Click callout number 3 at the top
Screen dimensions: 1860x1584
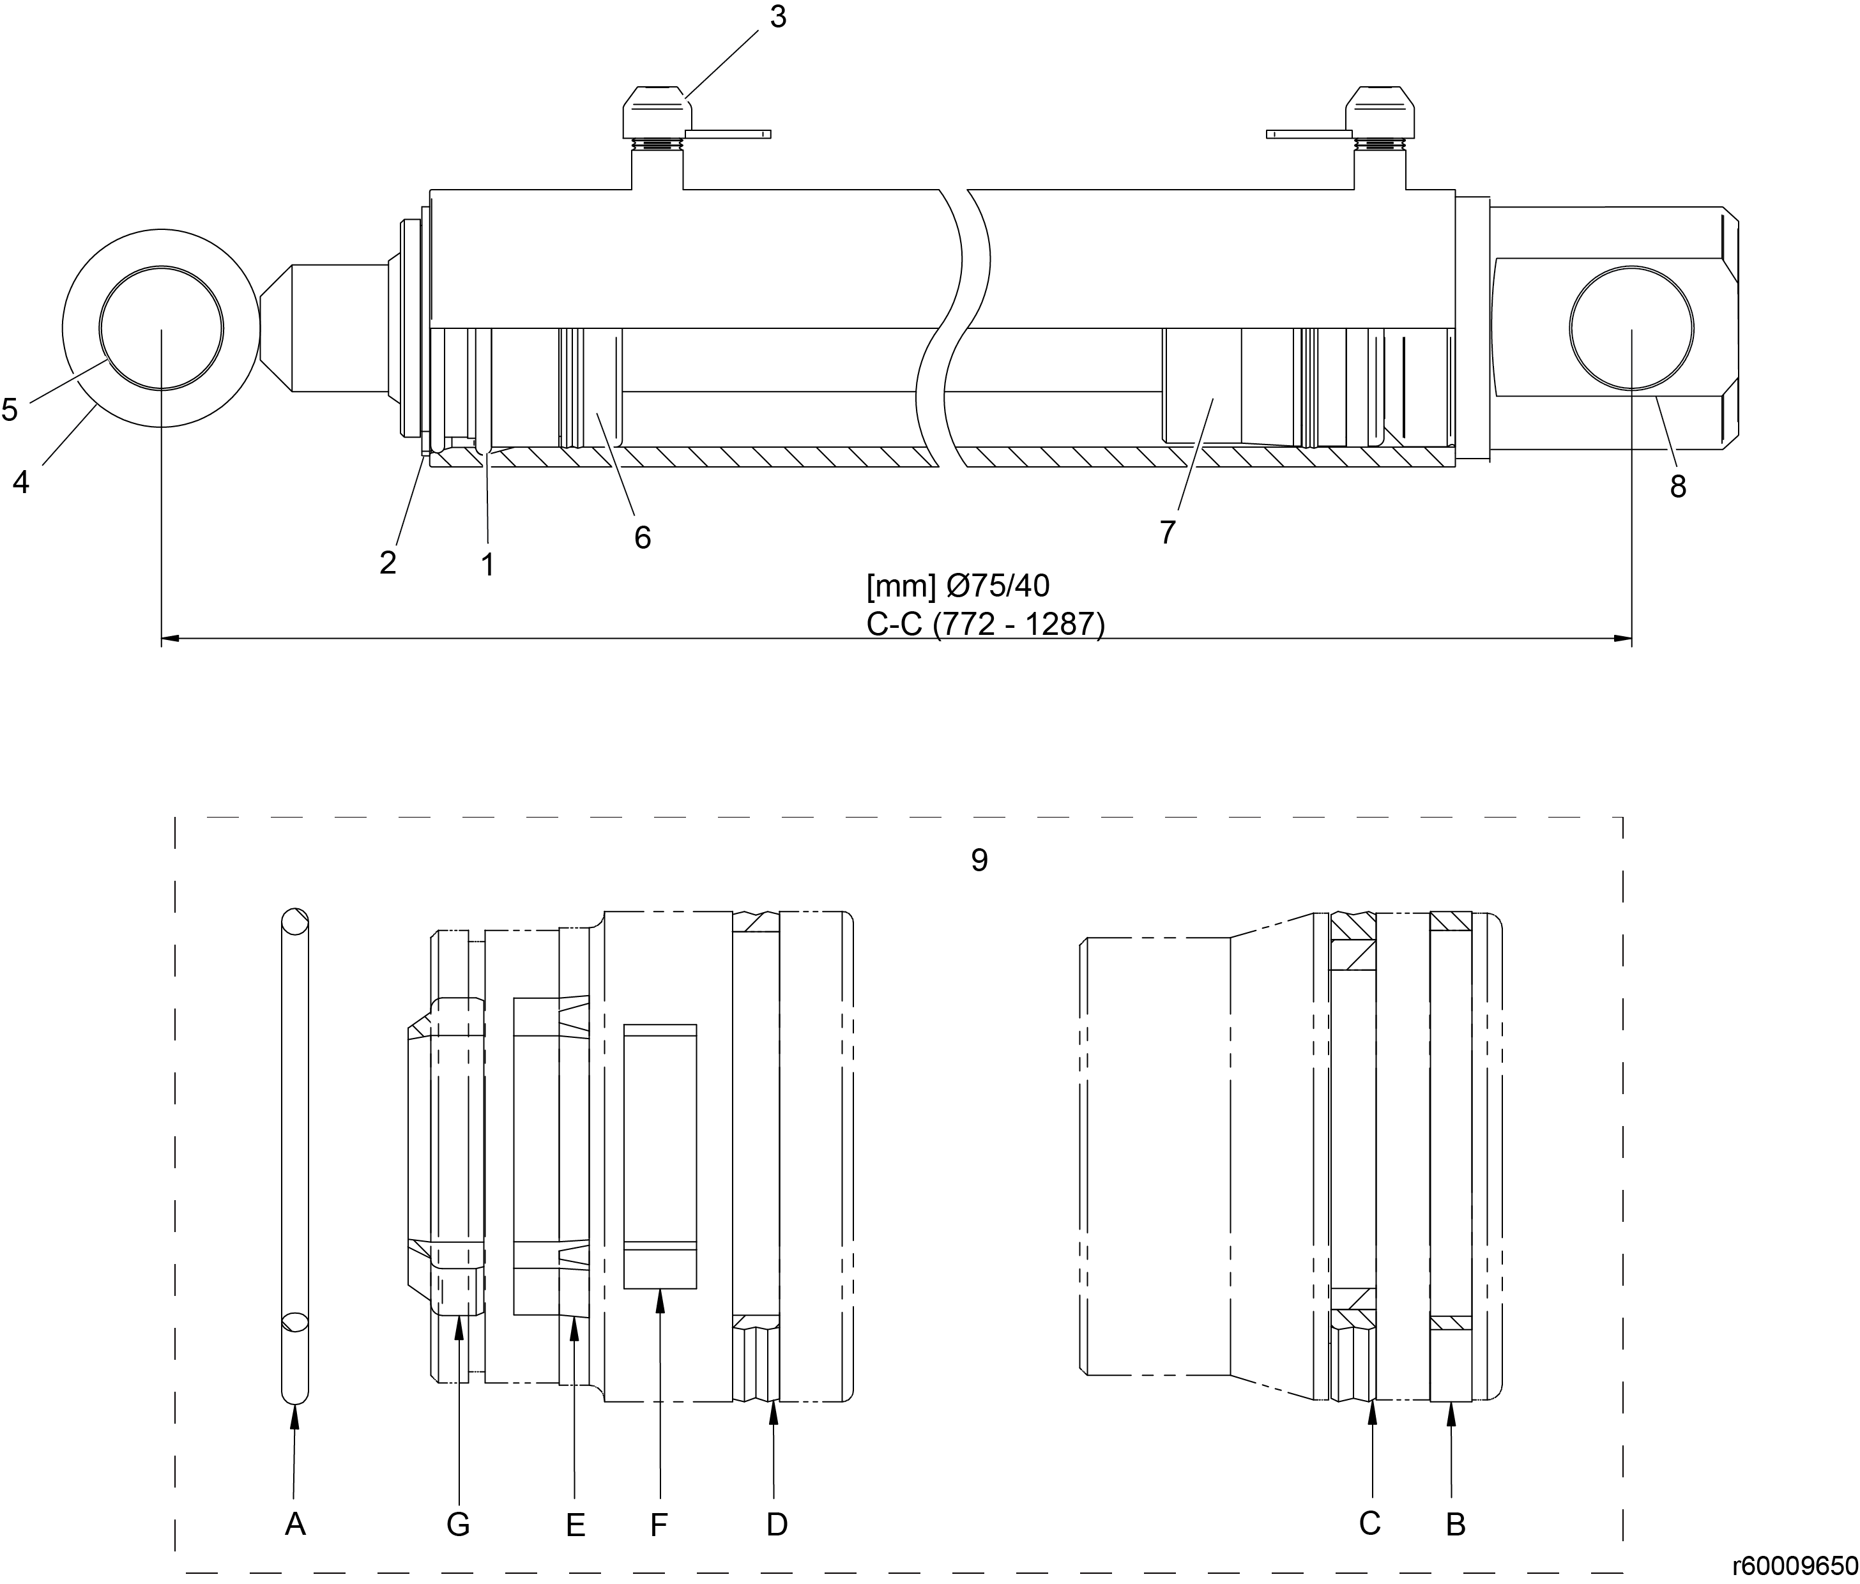click(778, 16)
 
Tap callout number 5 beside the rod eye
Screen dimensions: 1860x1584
click(9, 410)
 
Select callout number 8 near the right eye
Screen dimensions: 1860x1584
click(1678, 487)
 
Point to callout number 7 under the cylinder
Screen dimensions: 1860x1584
click(1167, 532)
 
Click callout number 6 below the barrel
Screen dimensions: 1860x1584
click(643, 537)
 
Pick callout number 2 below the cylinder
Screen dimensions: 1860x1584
click(388, 563)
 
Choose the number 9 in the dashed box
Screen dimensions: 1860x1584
click(979, 860)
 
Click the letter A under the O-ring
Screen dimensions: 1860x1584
click(295, 1524)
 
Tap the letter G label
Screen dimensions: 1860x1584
click(458, 1524)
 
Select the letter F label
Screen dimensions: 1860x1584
click(659, 1524)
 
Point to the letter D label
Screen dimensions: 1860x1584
click(777, 1524)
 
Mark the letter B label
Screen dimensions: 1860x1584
click(1455, 1524)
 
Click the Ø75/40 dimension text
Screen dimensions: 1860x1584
click(997, 586)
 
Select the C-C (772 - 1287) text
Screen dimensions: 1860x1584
click(986, 625)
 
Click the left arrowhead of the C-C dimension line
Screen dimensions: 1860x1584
click(171, 639)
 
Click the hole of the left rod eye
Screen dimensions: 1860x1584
click(162, 328)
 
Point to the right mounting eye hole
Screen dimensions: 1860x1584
click(1632, 328)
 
